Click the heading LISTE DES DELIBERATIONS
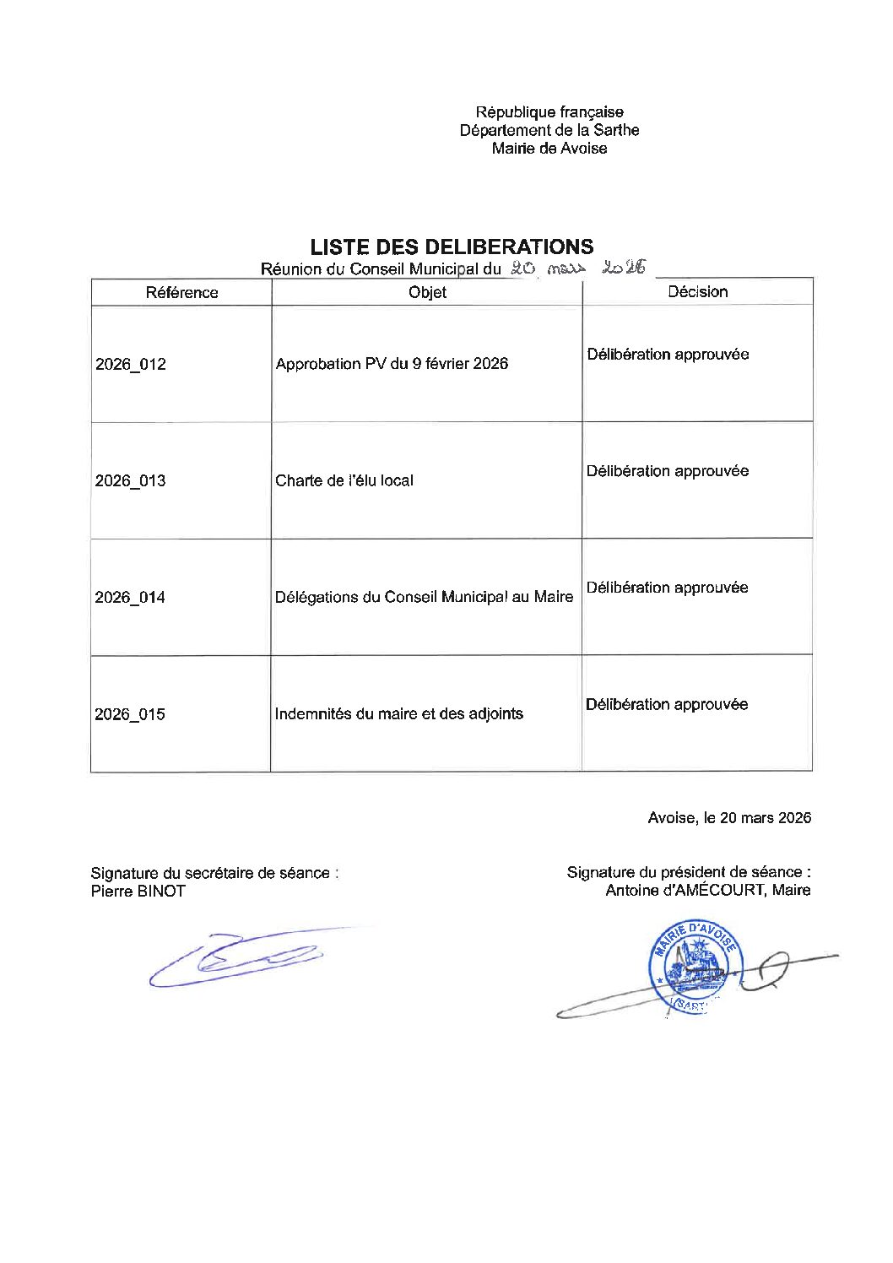click(452, 247)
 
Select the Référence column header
click(181, 292)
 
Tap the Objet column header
click(427, 292)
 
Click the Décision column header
click(697, 291)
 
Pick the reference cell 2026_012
click(131, 364)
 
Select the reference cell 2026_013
click(131, 480)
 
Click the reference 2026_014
click(130, 597)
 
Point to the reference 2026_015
click(130, 713)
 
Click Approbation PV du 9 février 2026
click(392, 364)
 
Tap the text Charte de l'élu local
click(344, 480)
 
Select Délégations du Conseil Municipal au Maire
click(424, 597)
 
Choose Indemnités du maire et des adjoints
click(398, 713)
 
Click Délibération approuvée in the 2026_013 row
click(667, 470)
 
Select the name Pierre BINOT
click(138, 891)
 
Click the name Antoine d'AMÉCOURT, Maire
click(707, 890)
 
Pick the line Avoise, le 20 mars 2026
click(729, 817)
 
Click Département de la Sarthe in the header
click(549, 130)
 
